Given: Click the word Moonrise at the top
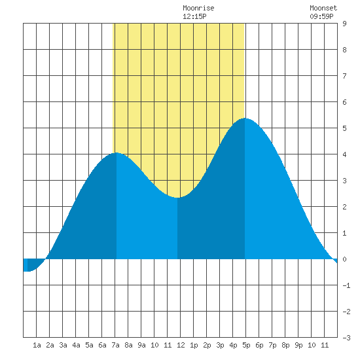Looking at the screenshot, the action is (198, 9).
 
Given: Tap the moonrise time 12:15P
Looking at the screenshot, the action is (194, 16).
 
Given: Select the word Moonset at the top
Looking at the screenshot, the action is (323, 9).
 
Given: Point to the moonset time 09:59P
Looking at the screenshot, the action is (321, 16).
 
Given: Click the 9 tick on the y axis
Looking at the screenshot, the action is (344, 24).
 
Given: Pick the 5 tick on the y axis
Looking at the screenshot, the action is (344, 128).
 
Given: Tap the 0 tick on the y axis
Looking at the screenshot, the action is (344, 259).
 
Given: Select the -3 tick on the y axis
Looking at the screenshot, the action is (346, 338).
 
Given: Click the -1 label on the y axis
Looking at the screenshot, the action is (346, 285).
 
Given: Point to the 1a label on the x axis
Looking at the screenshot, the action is (37, 345).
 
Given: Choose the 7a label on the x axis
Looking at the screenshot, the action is (115, 345).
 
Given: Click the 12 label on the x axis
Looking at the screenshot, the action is (181, 345).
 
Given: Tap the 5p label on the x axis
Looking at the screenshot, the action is (246, 345).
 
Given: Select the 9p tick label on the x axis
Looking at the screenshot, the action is (298, 345).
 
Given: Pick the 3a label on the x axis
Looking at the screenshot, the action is (63, 345).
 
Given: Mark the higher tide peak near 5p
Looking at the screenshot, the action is (245, 118).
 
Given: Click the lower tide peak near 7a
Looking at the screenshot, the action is (117, 153).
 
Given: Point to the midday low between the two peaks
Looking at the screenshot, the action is (177, 198).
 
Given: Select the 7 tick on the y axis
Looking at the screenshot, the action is (344, 76).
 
